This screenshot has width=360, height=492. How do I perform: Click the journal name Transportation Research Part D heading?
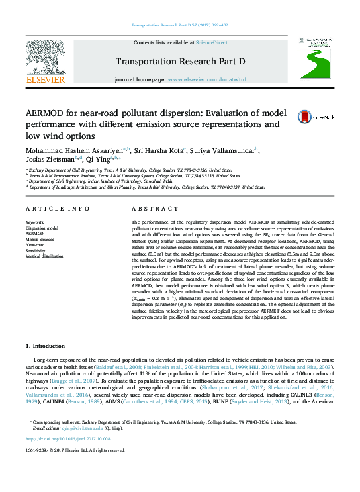180,62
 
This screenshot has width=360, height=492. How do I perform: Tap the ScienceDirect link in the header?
212,42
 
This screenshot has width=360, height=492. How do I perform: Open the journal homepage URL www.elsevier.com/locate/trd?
206,79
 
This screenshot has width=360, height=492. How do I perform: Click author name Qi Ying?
99,159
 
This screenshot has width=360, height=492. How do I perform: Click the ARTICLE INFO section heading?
58,209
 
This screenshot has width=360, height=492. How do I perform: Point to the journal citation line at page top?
180,26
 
